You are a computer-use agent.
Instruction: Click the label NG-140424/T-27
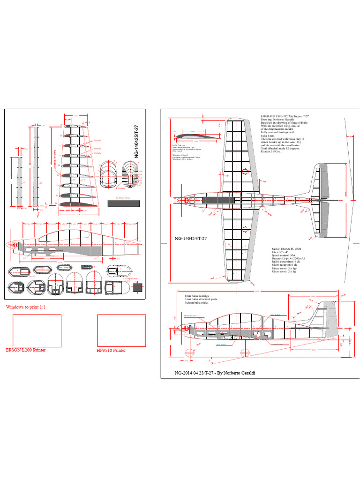point(190,239)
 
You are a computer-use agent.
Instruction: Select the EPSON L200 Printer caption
point(26,350)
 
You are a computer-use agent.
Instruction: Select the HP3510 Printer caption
point(112,350)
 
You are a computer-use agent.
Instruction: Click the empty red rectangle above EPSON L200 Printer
point(37,330)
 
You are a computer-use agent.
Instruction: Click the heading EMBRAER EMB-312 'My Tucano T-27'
point(285,115)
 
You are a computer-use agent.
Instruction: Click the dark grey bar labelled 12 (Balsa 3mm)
point(124,203)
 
